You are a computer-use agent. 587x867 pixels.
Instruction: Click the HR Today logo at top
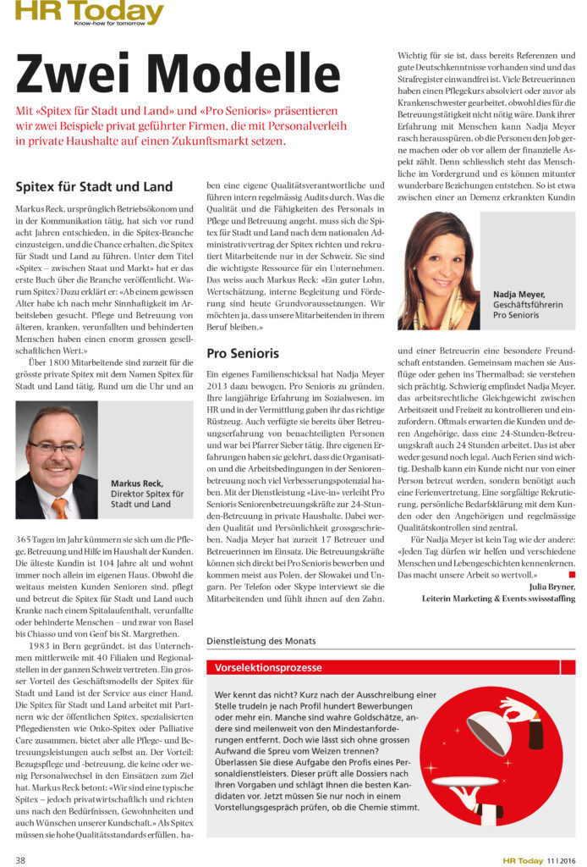click(x=89, y=12)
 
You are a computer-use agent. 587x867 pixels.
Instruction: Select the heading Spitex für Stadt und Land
click(x=94, y=186)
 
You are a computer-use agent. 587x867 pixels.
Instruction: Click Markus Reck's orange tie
click(x=60, y=507)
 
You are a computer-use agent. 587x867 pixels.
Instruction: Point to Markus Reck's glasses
click(x=55, y=447)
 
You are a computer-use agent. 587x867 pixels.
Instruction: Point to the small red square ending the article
click(x=572, y=575)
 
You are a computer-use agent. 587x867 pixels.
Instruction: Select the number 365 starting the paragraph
click(x=26, y=540)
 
